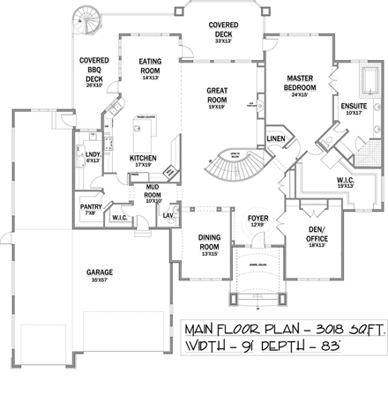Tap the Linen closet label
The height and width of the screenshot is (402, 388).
pos(275,140)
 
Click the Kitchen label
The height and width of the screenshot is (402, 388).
pos(142,160)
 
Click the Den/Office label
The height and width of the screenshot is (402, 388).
pos(317,237)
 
